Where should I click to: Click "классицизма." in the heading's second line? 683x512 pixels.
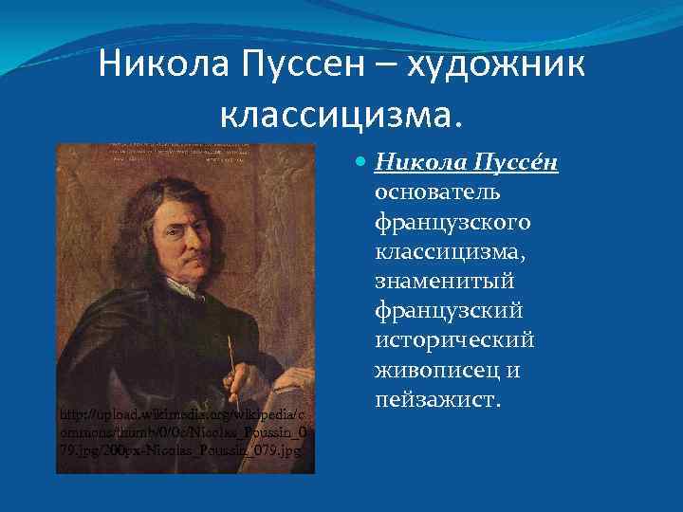point(343,116)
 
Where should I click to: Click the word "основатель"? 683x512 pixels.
point(437,194)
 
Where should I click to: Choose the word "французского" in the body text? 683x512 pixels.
point(452,224)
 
